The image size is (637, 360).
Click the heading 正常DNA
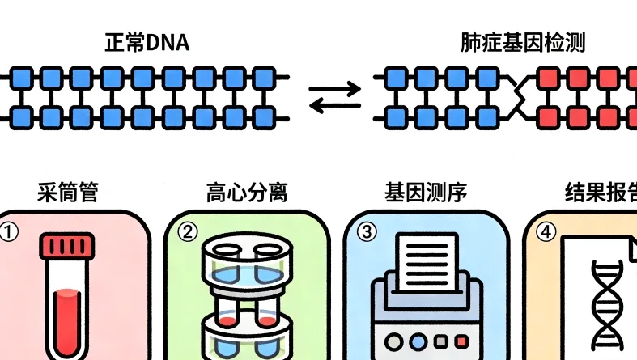coord(147,43)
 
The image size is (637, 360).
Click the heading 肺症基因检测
coord(523,43)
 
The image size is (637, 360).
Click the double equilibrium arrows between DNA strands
coord(336,100)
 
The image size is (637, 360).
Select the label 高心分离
coord(247,193)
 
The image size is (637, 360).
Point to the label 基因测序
coord(425,193)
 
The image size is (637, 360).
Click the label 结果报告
coord(599,193)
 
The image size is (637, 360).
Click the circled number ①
coord(8,233)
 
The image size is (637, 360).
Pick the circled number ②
coord(187,233)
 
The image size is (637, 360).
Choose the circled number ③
coord(367,233)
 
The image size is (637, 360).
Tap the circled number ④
coord(546,233)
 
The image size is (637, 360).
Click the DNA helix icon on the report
coord(607,303)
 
